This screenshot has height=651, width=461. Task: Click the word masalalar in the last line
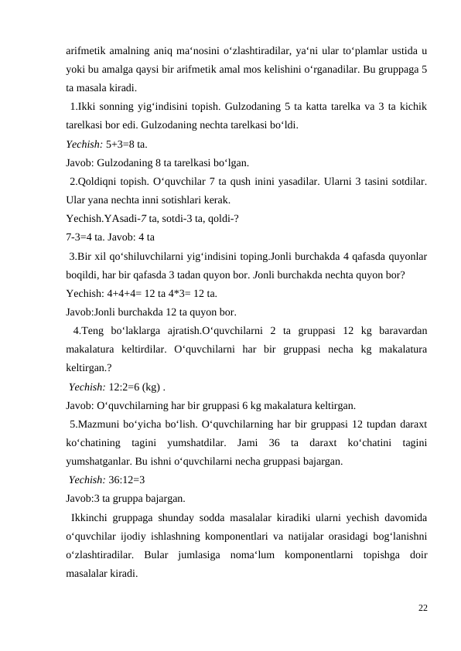(x=89, y=573)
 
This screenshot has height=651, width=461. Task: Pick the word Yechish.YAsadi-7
(x=108, y=219)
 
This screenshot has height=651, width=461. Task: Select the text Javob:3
(x=83, y=498)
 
